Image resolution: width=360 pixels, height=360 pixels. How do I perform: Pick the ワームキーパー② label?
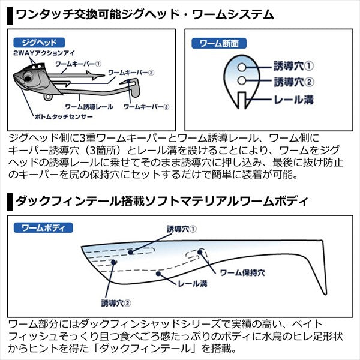[x=131, y=72]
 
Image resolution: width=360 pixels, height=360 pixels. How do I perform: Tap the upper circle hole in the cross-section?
[x=239, y=66]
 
